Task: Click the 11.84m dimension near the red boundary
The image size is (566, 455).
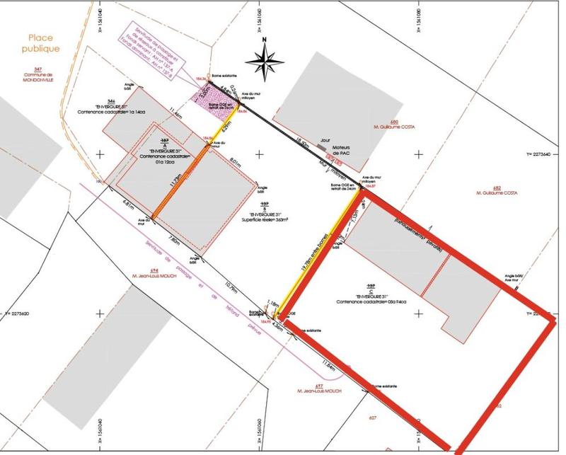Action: [328, 363]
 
